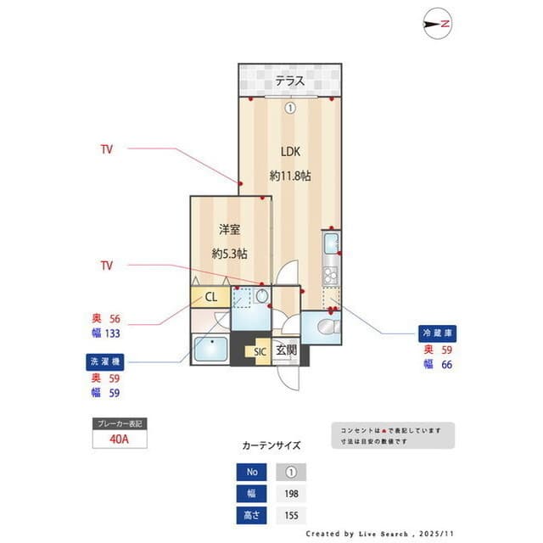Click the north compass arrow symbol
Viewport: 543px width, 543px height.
[436, 25]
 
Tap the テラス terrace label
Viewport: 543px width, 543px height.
[289, 82]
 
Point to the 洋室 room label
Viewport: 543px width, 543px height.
[229, 229]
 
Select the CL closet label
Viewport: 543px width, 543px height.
[211, 297]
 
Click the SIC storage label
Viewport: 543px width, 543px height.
[258, 350]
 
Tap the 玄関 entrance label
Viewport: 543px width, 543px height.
[286, 350]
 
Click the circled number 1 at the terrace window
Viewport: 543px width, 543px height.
[289, 108]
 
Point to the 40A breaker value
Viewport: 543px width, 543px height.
[120, 440]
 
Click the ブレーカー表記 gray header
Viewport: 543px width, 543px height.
[120, 423]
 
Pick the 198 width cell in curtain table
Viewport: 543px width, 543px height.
[291, 494]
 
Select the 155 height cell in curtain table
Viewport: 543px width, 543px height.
[291, 515]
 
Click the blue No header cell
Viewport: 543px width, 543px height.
[251, 473]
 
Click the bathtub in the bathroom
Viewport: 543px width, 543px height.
[210, 350]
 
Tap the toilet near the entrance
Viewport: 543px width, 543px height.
[322, 326]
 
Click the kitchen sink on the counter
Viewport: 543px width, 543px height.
[330, 245]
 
